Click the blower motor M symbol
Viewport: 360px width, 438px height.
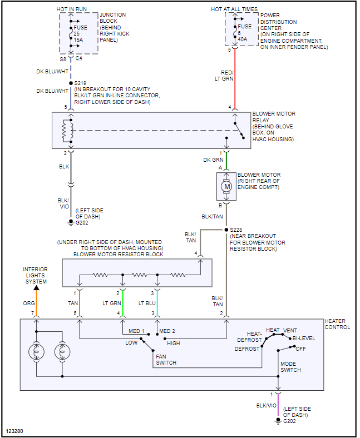pyautogui.click(x=226, y=187)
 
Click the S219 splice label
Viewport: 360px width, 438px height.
pyautogui.click(x=81, y=83)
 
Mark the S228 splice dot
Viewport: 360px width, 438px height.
pyautogui.click(x=226, y=229)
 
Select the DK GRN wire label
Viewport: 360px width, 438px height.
pyautogui.click(x=214, y=160)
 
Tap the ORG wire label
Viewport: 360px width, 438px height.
pyautogui.click(x=29, y=303)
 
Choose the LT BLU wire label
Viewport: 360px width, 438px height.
pyautogui.click(x=147, y=303)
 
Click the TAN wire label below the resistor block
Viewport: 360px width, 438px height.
pyautogui.click(x=72, y=303)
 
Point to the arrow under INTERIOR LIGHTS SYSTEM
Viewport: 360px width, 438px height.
pyautogui.click(x=37, y=288)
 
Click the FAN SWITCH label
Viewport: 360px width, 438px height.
pyautogui.click(x=166, y=359)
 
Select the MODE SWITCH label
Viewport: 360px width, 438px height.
pyautogui.click(x=290, y=367)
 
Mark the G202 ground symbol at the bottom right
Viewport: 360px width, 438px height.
pyautogui.click(x=278, y=420)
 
